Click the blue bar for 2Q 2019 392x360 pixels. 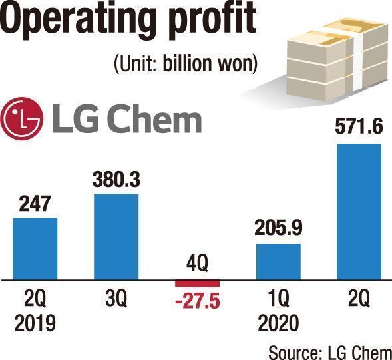(x=35, y=249)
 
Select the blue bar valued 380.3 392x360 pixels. (x=116, y=237)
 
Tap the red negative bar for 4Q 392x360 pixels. (x=197, y=283)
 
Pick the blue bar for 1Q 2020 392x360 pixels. (x=278, y=262)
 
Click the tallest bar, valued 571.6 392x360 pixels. (x=359, y=212)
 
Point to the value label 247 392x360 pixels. (x=35, y=204)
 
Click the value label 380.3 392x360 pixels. (x=116, y=179)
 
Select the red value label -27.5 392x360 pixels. (x=198, y=301)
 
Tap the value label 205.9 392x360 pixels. (x=278, y=228)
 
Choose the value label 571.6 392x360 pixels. (x=359, y=127)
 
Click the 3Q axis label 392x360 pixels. (x=116, y=298)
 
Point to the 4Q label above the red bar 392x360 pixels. (x=197, y=264)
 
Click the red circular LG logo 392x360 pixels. (x=21, y=118)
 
